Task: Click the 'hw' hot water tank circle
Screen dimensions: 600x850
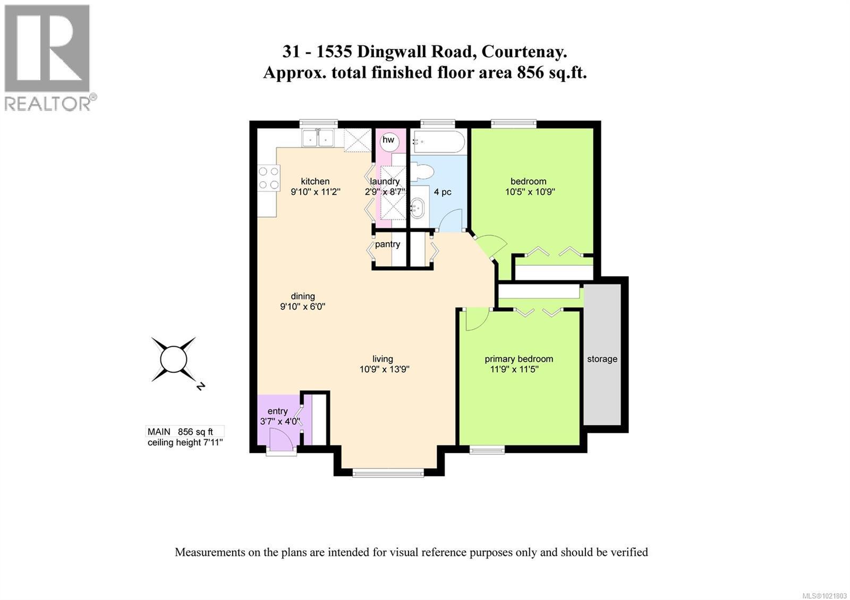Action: (x=389, y=140)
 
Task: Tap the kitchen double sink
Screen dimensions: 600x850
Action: (x=317, y=138)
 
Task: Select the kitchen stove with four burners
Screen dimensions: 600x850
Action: (x=268, y=178)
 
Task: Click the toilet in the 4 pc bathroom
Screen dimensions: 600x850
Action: (x=422, y=172)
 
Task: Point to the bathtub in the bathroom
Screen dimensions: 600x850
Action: (x=439, y=142)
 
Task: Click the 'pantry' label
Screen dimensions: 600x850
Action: (x=387, y=244)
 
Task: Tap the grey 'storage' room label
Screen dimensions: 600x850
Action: (x=602, y=359)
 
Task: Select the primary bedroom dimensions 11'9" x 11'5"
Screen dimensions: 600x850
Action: (x=514, y=370)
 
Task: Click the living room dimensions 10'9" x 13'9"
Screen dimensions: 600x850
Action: (x=384, y=370)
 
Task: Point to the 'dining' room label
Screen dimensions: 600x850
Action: (x=303, y=296)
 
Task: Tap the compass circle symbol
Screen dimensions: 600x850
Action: (x=173, y=359)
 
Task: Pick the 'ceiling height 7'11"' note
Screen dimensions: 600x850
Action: (x=185, y=442)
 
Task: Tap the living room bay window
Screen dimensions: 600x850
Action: (x=388, y=472)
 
